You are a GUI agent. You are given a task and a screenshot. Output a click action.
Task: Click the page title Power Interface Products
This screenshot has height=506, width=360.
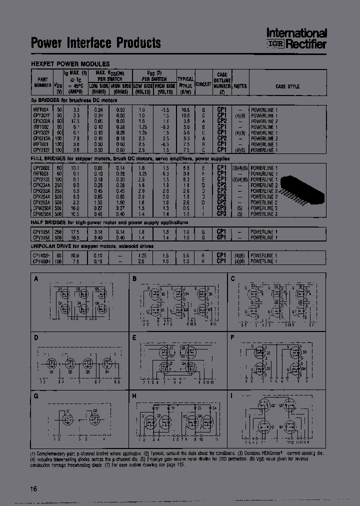coord(96,43)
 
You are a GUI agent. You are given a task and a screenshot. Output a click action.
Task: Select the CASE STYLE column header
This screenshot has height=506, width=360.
coord(287,86)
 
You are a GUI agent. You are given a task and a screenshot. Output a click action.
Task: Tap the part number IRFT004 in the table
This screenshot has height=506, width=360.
coord(41,109)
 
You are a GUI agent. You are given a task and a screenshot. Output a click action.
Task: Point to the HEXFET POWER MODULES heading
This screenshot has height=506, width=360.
coord(70,64)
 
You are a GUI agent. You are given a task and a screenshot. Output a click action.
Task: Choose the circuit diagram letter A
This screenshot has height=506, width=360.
coord(35,279)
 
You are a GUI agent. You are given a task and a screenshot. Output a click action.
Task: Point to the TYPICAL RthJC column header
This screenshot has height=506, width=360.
coord(185,82)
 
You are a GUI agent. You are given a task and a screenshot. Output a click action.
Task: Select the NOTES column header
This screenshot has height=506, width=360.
coord(241,86)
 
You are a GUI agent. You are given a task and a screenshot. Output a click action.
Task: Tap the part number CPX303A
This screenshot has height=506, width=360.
coord(41,121)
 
